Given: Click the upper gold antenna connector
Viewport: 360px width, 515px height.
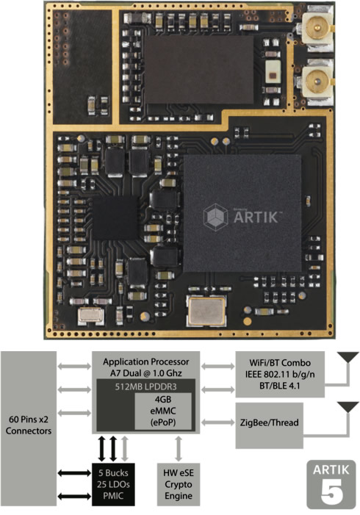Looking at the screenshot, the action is coord(317,27).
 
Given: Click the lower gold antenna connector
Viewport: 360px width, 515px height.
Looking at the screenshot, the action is coord(317,81).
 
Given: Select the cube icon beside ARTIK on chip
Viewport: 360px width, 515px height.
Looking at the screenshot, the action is coord(215,217).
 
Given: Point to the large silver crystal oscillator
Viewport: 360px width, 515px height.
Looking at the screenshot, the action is coord(206,311).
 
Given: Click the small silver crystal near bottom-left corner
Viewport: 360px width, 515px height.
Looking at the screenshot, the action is coord(91,316).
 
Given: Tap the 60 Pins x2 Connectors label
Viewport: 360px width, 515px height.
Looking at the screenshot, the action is coord(29,425).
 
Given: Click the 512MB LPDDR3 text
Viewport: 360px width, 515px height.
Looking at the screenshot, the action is coord(145,386).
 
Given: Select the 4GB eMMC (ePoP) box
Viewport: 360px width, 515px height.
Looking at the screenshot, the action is coord(163,411).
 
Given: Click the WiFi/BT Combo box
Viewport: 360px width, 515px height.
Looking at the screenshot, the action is coord(280,374).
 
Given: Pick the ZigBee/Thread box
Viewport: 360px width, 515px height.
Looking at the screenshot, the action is coord(270,425).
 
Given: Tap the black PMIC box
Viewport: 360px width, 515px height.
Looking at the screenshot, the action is coord(113,484).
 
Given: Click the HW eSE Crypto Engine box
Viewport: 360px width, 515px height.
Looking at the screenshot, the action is coord(179,484).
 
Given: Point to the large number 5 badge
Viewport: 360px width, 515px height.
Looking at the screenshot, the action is coord(331,484).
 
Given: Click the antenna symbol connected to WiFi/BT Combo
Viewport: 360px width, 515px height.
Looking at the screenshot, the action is coord(348,357).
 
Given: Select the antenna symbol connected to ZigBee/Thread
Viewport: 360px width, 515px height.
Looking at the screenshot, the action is coord(348,407).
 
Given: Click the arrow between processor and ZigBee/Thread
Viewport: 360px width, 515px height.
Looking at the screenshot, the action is coord(217,422).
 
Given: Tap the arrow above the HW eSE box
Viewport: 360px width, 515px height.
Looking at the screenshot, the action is coord(179,449).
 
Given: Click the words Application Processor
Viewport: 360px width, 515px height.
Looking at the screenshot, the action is coord(146,361).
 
